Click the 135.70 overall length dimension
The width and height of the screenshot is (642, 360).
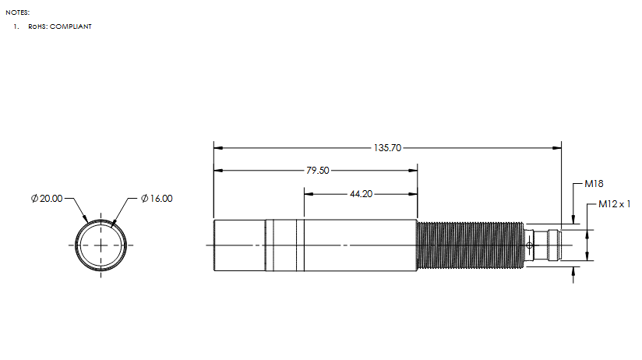(x=387, y=148)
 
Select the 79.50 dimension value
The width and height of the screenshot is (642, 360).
(x=317, y=171)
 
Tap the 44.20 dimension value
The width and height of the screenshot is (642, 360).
(x=362, y=194)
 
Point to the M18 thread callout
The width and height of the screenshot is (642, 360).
(x=594, y=184)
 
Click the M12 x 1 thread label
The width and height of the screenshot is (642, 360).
(x=614, y=204)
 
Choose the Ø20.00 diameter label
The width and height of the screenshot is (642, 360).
(x=47, y=199)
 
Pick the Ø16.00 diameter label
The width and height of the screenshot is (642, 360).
(x=157, y=199)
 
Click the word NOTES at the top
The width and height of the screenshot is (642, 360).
(x=18, y=12)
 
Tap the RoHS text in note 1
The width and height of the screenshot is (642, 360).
(x=38, y=26)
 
